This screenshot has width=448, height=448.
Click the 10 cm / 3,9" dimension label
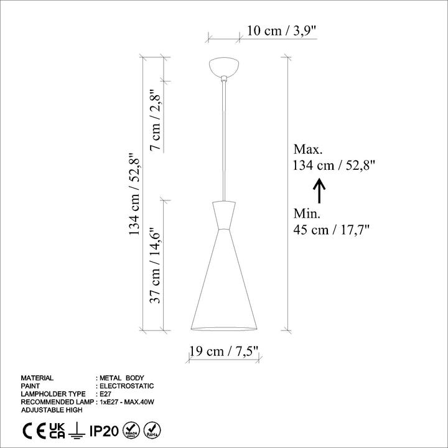pyautogui.click(x=282, y=30)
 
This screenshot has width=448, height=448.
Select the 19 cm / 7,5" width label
pyautogui.click(x=224, y=351)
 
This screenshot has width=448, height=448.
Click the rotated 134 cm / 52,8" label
pyautogui.click(x=134, y=194)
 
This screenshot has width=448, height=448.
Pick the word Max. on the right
pyautogui.click(x=308, y=149)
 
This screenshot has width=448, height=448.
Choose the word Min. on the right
pyautogui.click(x=307, y=213)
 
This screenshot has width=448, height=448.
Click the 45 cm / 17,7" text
pyautogui.click(x=332, y=230)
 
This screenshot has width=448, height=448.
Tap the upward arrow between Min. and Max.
pyautogui.click(x=319, y=190)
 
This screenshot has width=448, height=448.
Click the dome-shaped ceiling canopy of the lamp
pyautogui.click(x=224, y=67)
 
